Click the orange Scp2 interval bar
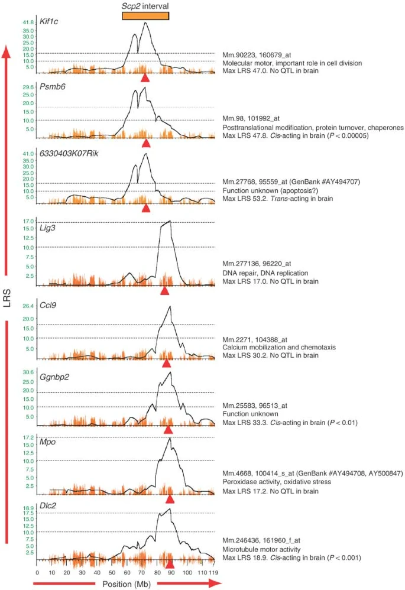point(145,15)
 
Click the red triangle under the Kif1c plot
point(145,78)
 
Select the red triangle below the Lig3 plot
point(166,291)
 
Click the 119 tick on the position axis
point(214,573)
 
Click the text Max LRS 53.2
point(245,199)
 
